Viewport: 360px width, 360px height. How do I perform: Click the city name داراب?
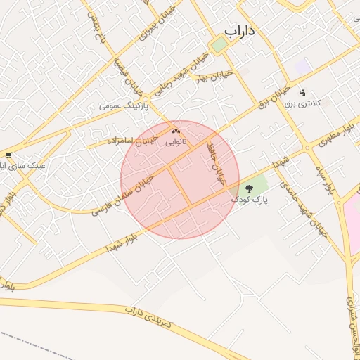(240, 32)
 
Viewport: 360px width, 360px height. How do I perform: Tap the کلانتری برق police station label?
(302, 103)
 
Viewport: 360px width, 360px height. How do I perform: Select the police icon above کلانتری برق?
(303, 92)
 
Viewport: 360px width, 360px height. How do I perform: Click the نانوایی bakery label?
(176, 141)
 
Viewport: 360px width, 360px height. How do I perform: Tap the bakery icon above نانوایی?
(176, 131)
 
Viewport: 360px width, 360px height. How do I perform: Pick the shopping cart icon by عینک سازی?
(8, 155)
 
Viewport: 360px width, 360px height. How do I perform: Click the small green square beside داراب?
(219, 44)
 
